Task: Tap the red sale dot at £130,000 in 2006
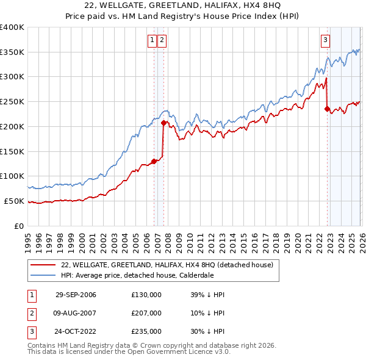[154, 161]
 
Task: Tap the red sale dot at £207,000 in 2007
[163, 123]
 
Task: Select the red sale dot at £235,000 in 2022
[328, 109]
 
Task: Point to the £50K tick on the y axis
[15, 201]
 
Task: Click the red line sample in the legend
[43, 264]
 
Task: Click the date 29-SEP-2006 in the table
[76, 295]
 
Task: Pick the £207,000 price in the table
[146, 313]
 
